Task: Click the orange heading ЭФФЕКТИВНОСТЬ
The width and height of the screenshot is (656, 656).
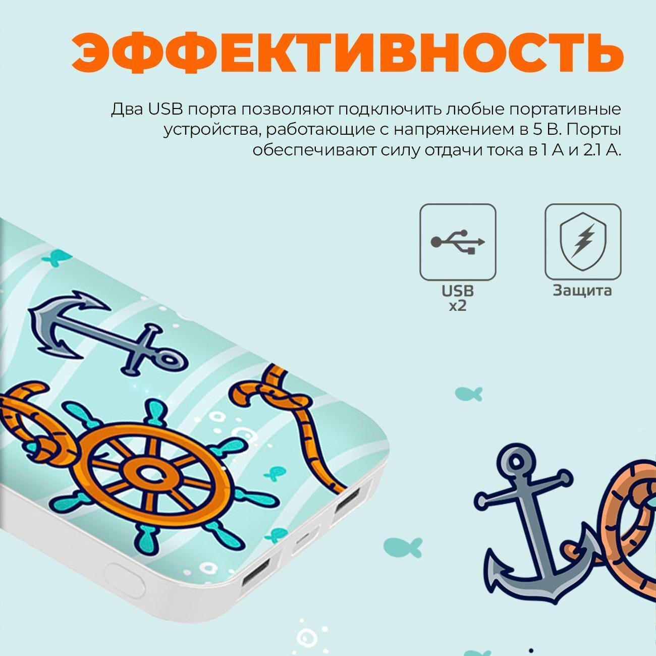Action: pos(347,53)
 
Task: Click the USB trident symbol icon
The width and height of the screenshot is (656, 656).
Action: pos(458,242)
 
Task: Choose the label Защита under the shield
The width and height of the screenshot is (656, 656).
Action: pos(582,290)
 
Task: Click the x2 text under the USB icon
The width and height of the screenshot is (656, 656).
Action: pos(458,306)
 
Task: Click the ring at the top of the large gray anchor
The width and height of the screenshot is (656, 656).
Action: pos(517,460)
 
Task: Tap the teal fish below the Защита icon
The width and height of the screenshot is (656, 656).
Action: pos(469,394)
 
